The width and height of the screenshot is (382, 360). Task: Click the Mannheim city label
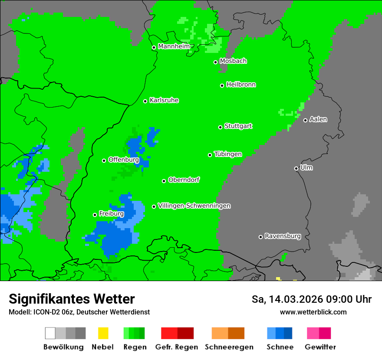click(174, 46)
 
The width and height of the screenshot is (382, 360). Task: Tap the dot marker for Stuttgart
click(220, 127)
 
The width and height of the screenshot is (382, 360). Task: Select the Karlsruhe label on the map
click(164, 100)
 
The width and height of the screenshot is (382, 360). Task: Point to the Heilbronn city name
click(241, 85)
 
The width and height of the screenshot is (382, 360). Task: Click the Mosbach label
click(233, 61)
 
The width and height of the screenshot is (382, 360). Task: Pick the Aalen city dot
click(305, 120)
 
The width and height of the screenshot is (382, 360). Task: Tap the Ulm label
click(306, 167)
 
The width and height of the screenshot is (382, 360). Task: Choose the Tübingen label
click(228, 154)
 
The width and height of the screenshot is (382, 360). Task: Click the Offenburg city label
click(124, 160)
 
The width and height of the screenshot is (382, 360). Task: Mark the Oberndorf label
click(184, 180)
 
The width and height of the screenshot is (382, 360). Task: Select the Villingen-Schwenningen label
click(194, 206)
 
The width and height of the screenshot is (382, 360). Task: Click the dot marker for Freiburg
click(95, 215)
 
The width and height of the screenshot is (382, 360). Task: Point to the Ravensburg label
click(283, 236)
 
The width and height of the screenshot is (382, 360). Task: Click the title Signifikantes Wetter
click(72, 299)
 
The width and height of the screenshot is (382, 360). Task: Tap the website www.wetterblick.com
click(313, 312)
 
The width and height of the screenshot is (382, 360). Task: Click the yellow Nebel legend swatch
click(103, 333)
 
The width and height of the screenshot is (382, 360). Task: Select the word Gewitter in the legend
click(320, 347)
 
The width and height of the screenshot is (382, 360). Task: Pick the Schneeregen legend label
click(229, 347)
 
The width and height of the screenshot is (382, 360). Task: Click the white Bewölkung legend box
click(50, 333)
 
